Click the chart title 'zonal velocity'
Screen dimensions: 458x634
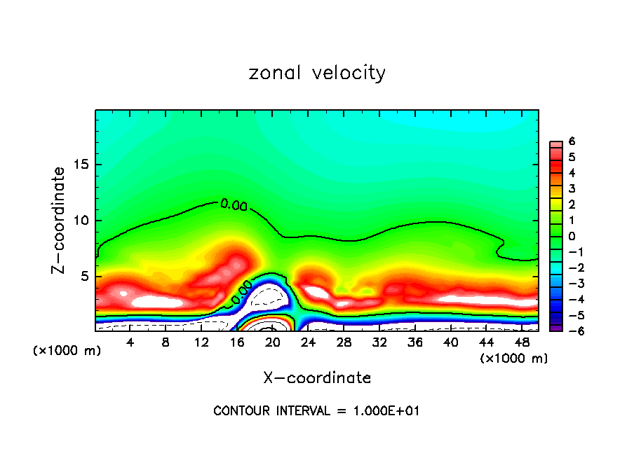[317, 73]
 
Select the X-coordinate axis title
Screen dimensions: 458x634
[317, 378]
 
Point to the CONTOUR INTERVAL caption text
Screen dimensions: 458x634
[316, 411]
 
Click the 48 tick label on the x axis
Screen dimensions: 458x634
[522, 342]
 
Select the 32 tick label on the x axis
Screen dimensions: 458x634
[379, 342]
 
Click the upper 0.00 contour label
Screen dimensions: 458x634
[234, 205]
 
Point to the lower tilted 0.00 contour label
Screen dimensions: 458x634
[241, 293]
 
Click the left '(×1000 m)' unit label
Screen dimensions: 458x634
[67, 351]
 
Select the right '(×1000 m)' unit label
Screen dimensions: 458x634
[514, 359]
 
